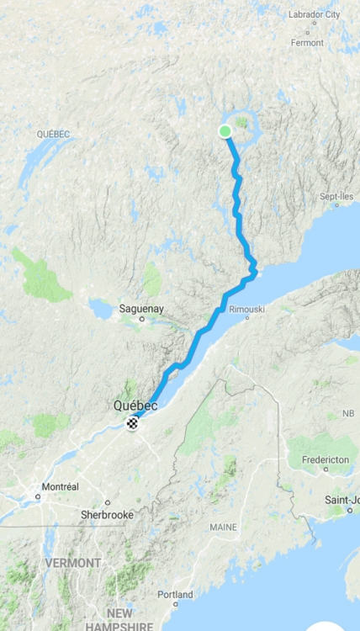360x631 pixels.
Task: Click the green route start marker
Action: pos(225,130)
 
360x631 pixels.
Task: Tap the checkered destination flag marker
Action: pos(132,423)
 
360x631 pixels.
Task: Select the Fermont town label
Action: pos(306,42)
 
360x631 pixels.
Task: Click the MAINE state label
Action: pos(223,527)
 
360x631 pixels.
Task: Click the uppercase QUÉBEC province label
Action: pos(53,134)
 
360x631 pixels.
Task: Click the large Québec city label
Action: pos(135,406)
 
